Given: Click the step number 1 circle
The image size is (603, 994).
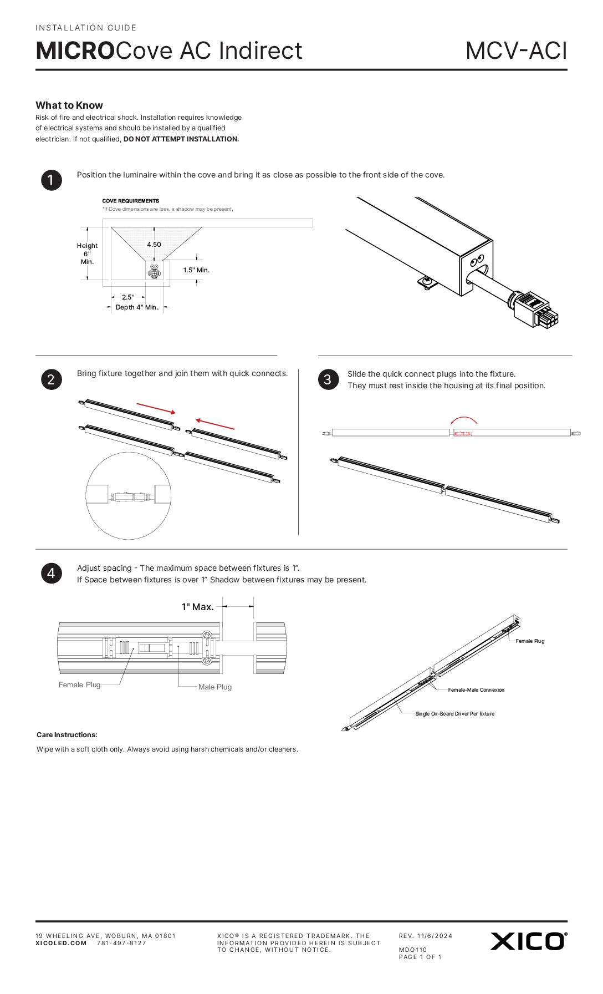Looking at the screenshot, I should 51,180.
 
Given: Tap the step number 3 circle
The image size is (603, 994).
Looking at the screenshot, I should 328,379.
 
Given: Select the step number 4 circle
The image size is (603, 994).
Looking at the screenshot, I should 51,573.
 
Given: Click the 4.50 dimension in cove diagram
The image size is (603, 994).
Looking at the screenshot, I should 154,245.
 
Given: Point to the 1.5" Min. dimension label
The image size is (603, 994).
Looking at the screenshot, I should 196,270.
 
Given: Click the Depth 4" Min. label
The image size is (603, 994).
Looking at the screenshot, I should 137,307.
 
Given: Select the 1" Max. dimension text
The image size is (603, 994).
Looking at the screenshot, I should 197,607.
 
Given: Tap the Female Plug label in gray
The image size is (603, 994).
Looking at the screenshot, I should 79,685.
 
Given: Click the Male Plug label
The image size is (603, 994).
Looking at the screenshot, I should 215,687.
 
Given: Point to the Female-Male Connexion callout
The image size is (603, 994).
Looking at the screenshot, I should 476,690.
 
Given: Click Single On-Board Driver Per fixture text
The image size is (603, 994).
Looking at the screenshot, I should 454,714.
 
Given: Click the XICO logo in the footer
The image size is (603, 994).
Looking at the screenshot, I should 528,941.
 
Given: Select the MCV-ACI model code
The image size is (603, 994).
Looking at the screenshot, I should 516,51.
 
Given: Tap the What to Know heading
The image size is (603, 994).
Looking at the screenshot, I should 69,105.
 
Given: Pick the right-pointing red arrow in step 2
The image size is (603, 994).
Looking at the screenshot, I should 156,408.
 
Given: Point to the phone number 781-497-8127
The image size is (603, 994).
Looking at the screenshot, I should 121,943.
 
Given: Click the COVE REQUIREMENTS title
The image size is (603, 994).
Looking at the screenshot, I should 130,201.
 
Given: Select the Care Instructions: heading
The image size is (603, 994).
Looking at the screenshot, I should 67,735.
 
